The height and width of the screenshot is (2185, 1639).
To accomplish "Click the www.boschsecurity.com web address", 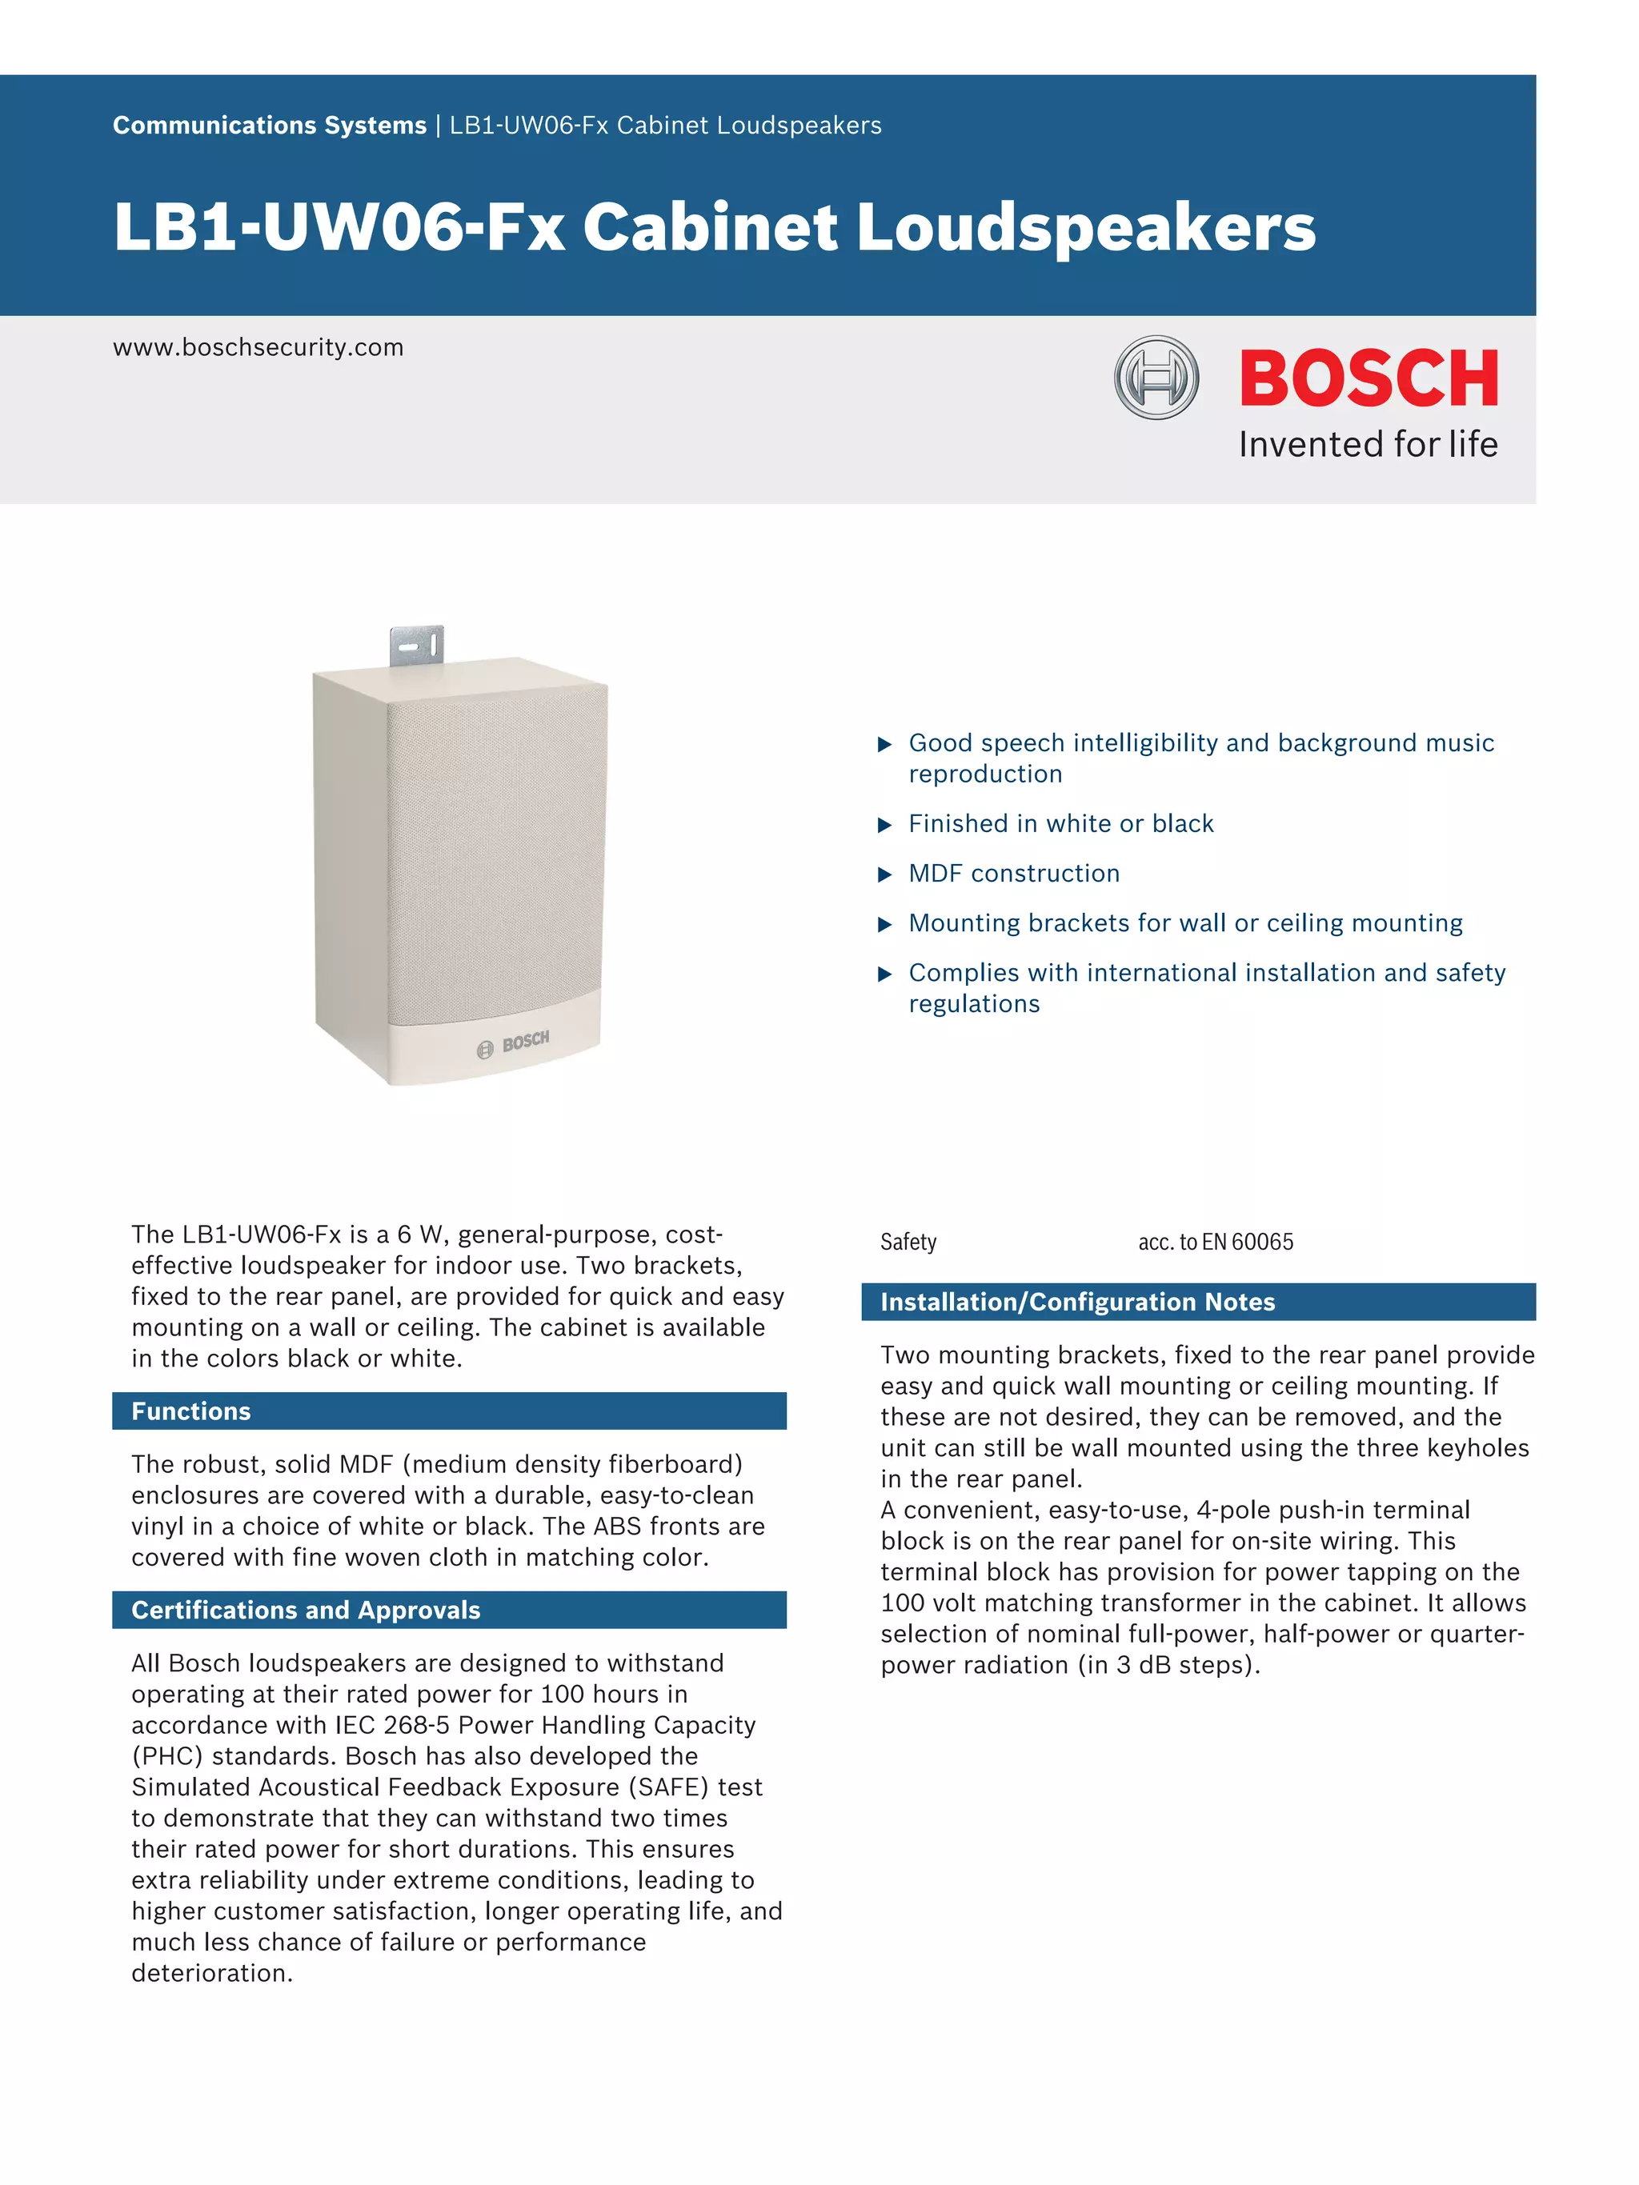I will tap(258, 348).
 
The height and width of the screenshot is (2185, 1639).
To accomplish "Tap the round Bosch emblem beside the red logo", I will tap(1156, 378).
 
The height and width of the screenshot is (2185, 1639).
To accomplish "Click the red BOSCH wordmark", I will tap(1369, 378).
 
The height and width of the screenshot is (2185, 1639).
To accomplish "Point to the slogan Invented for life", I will tap(1369, 445).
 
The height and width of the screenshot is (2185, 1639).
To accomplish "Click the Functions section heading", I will tap(190, 1411).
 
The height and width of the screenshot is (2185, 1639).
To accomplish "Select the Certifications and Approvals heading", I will tap(305, 1609).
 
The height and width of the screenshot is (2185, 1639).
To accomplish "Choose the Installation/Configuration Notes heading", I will tap(1077, 1302).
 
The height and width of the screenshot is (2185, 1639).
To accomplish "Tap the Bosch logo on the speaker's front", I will tap(514, 1044).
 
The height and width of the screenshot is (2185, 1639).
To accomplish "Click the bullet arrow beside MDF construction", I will tap(884, 874).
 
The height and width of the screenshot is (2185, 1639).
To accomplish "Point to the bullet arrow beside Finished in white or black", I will tap(884, 825).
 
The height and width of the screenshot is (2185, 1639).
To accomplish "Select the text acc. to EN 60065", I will tap(1215, 1242).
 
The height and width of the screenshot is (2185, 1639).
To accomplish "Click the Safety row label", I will tap(908, 1242).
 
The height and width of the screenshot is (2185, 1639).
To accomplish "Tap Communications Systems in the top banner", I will tap(269, 126).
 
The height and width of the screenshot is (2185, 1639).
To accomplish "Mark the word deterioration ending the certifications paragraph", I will tap(211, 1973).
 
